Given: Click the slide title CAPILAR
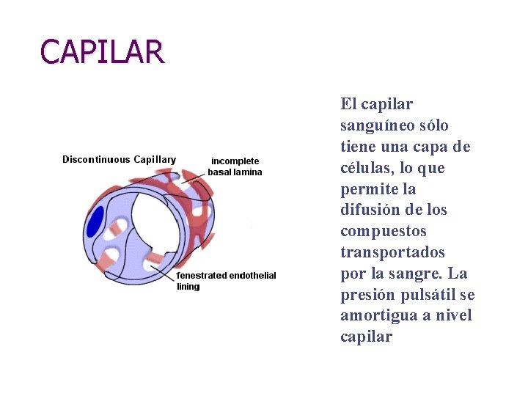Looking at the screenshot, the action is (103, 52).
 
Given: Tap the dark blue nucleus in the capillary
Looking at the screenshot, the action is (95, 222).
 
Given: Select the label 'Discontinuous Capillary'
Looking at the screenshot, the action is (119, 159).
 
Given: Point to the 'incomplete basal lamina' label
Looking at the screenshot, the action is (235, 166).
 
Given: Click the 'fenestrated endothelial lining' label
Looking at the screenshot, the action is (227, 281).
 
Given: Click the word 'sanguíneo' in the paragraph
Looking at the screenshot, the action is (375, 125).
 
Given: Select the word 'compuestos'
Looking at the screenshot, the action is (383, 231).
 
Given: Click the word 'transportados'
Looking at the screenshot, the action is (392, 252).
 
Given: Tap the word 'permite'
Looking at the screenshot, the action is (369, 189).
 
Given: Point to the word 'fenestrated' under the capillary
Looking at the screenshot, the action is (202, 276).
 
